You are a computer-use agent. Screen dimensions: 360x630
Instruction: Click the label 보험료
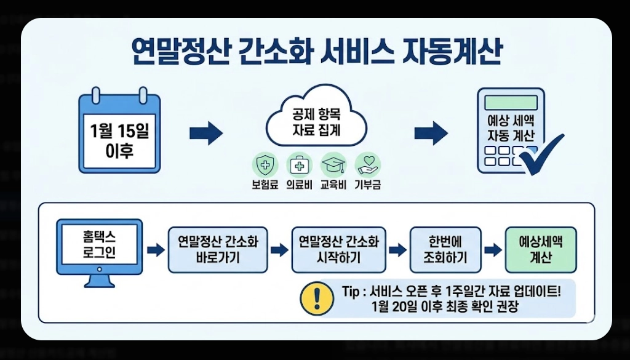265,185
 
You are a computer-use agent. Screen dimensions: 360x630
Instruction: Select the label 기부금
368,185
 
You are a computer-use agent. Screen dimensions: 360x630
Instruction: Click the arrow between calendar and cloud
205,133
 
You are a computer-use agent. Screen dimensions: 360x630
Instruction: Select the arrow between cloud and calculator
431,133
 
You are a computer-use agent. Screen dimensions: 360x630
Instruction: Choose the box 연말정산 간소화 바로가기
218,249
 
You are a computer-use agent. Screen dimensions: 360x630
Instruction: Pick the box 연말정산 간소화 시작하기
339,249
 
